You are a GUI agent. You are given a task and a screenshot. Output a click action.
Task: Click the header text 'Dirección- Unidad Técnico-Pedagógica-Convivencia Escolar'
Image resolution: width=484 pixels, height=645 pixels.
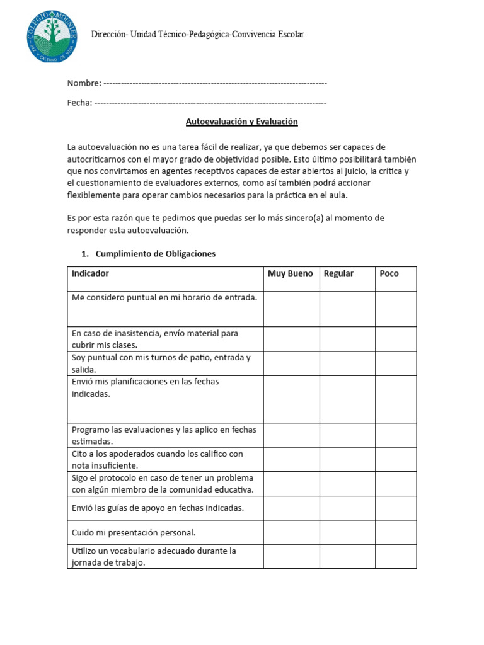[x=197, y=34]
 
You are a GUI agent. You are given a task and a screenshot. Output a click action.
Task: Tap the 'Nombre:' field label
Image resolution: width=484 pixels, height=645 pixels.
[x=84, y=83]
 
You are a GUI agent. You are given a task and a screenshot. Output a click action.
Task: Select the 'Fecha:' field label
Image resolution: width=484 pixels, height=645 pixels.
[x=80, y=103]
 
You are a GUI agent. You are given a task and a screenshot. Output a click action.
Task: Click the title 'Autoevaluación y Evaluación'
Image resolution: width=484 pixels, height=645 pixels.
[x=241, y=122]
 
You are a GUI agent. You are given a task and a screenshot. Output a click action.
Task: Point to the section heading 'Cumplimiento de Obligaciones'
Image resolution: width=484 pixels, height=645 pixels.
[x=155, y=254]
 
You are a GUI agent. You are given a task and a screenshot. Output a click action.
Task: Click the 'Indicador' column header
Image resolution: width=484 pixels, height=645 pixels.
[x=90, y=273]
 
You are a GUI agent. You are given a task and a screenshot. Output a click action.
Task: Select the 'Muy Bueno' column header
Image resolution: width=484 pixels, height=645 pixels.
[x=290, y=273]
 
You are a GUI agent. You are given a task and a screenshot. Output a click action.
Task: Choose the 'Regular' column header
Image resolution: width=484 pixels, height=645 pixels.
[x=338, y=273]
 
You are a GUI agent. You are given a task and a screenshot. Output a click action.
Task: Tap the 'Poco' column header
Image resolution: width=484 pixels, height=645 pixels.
[x=389, y=273]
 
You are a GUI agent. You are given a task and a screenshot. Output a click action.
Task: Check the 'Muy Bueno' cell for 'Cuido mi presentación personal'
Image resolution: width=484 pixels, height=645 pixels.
[x=291, y=532]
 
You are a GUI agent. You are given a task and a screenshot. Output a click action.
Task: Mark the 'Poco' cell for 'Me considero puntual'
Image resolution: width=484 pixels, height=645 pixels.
[x=396, y=309]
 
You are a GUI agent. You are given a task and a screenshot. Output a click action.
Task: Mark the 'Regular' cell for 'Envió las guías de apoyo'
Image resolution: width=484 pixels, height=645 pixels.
[x=347, y=508]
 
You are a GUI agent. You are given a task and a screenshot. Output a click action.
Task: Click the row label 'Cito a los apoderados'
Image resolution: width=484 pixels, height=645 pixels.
[x=157, y=459]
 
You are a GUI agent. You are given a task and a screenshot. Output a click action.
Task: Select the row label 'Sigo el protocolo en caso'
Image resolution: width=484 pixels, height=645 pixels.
[x=163, y=484]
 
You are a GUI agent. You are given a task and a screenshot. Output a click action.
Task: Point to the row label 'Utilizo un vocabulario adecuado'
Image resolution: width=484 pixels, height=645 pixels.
[x=154, y=556]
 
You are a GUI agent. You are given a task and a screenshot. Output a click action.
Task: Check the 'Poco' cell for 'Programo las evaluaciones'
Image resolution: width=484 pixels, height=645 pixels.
[x=396, y=435]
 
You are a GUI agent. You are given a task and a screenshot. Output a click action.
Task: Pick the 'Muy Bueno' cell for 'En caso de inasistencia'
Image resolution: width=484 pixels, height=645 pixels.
[x=291, y=339]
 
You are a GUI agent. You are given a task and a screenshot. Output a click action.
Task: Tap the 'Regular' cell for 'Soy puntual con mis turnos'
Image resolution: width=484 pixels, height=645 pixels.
[x=347, y=363]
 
